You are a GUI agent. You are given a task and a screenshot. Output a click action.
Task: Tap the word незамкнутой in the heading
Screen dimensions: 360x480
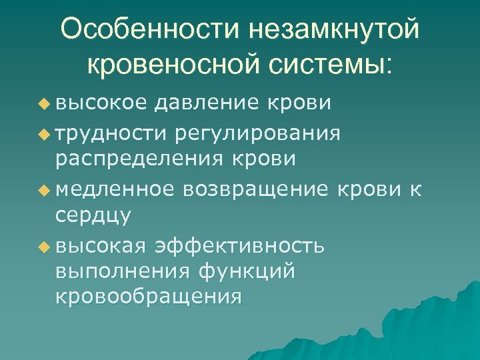[x=333, y=30]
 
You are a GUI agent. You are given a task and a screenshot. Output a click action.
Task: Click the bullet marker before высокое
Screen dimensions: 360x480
[x=44, y=104]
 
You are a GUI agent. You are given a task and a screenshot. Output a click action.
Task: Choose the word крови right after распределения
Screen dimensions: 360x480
[x=265, y=160]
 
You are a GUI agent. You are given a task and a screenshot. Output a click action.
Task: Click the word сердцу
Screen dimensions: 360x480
[x=93, y=217]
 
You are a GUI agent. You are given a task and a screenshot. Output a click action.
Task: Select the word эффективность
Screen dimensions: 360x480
[x=241, y=245]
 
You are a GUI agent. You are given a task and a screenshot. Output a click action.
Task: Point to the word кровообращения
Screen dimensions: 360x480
[x=148, y=297]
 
